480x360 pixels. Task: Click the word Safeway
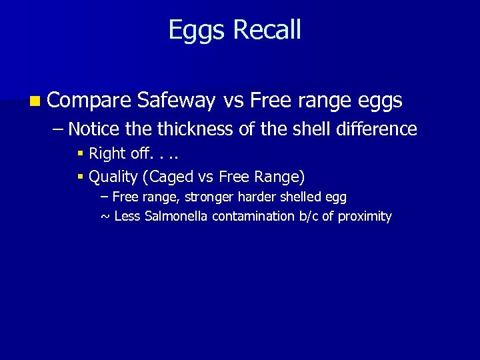176,101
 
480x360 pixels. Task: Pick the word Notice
94,129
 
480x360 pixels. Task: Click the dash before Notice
58,129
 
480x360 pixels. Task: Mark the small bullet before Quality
81,177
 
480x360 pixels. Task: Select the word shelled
301,197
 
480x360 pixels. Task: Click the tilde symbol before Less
105,217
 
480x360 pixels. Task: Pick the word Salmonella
177,216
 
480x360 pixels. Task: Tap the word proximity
365,217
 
